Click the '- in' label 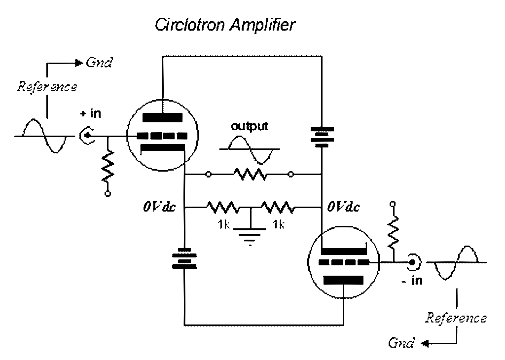coord(412,281)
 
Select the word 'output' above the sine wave coord(250,126)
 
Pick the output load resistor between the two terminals coord(250,174)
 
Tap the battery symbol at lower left coord(184,260)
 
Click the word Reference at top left coord(47,87)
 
